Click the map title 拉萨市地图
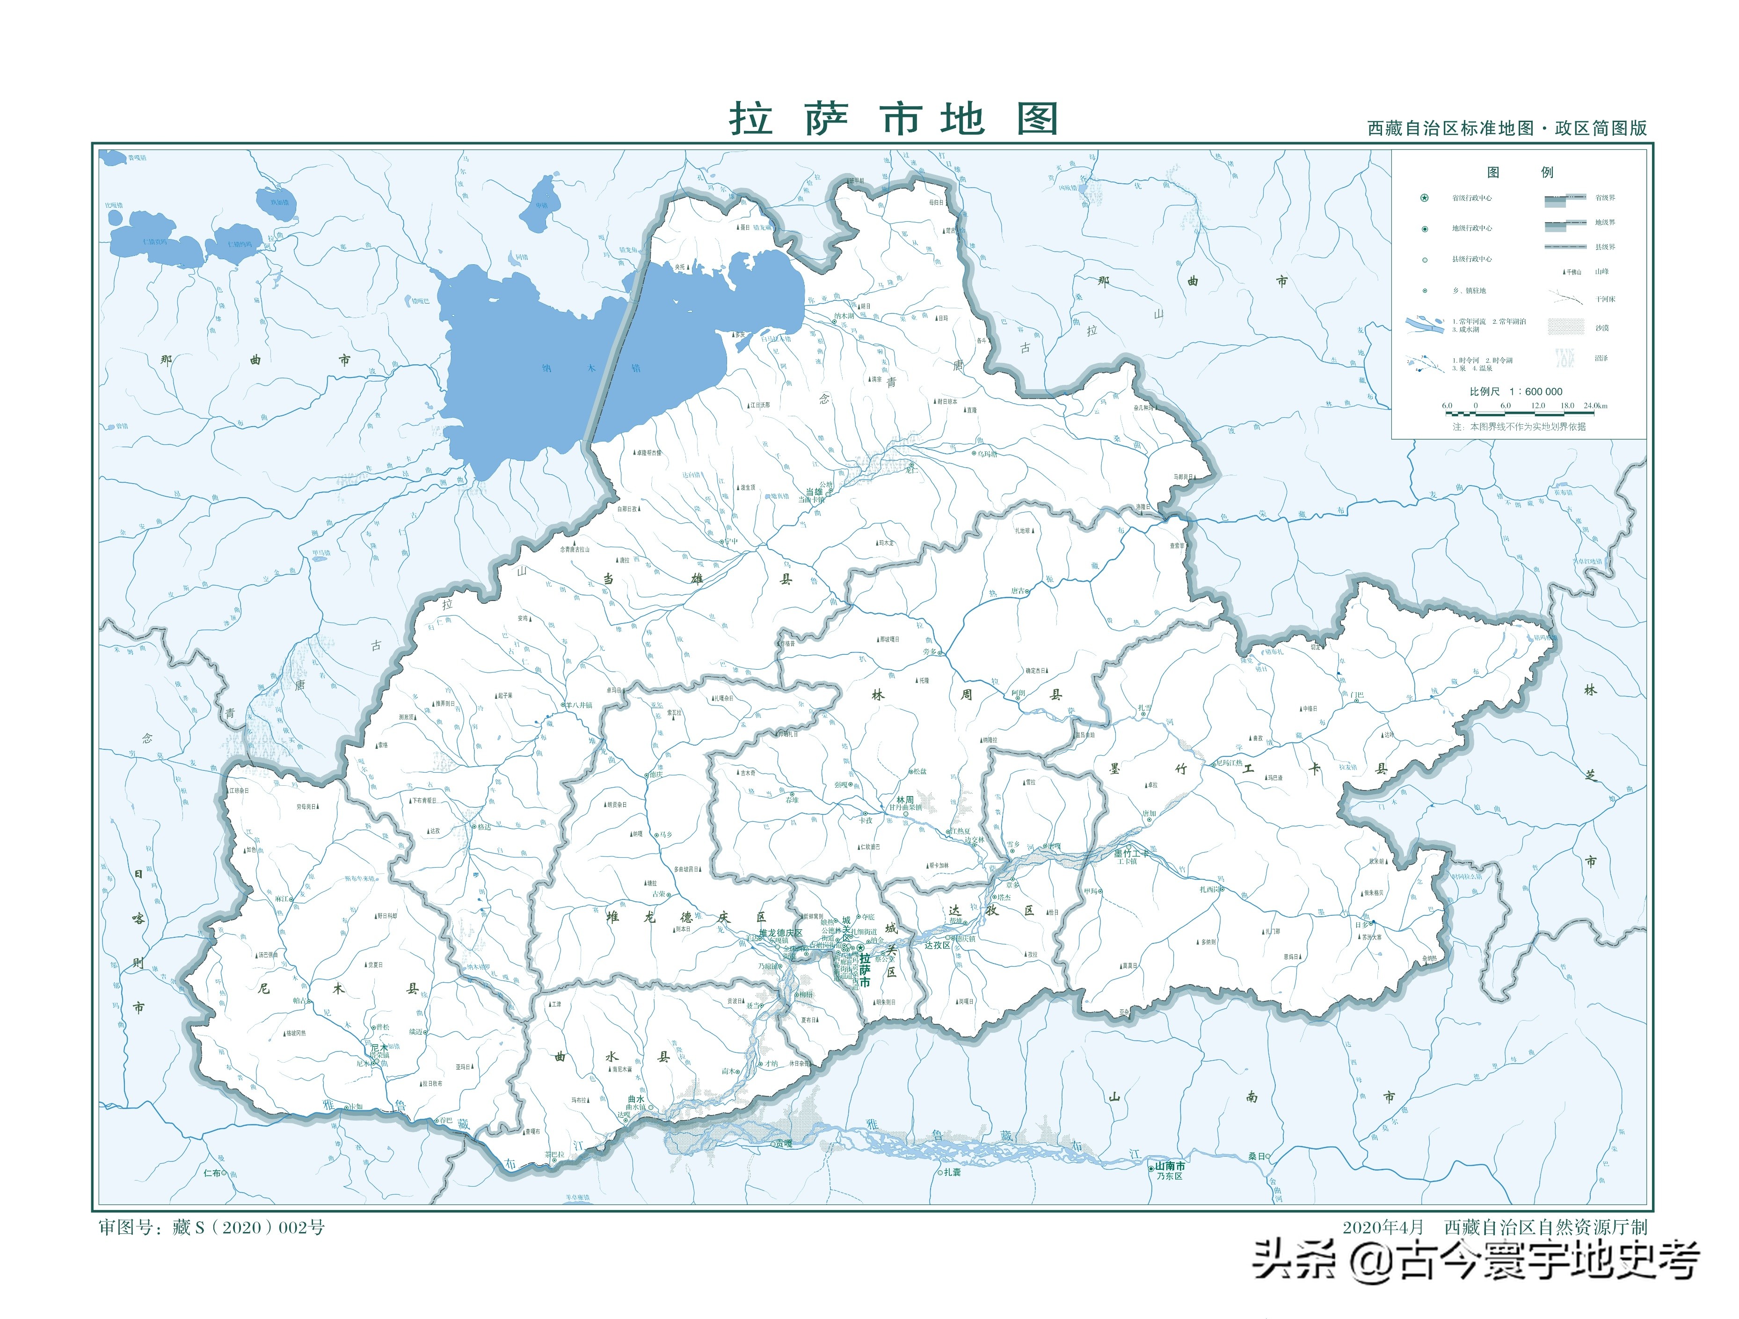tap(894, 119)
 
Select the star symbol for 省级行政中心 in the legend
tap(1424, 198)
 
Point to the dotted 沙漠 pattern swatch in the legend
tap(1565, 327)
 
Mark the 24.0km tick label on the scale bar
tap(1595, 406)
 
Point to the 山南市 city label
tap(1170, 1166)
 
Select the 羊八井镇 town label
tap(578, 705)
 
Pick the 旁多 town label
tap(929, 652)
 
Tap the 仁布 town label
tap(212, 1173)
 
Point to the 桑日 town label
tap(1256, 1156)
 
